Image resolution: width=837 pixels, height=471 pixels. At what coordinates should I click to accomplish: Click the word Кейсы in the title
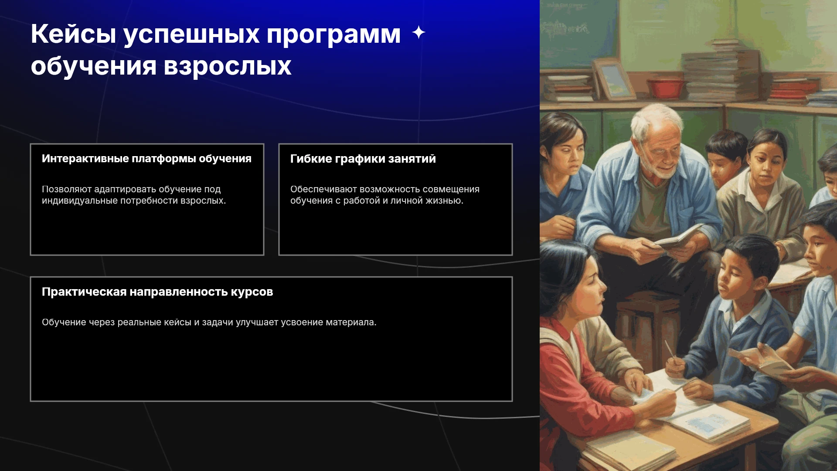pos(73,34)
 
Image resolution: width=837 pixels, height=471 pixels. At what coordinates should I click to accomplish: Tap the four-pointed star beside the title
pos(418,32)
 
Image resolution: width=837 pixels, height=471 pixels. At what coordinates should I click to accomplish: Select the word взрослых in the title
pos(227,67)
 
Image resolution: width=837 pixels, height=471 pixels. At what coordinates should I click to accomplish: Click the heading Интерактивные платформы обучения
pos(146,159)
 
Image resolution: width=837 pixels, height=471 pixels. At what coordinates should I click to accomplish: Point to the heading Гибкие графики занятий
pos(363,159)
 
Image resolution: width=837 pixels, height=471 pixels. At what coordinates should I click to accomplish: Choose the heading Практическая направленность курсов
pos(157,292)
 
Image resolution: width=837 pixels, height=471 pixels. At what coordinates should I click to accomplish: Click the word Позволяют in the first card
pos(67,189)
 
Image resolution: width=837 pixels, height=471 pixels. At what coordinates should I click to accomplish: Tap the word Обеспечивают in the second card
pos(323,189)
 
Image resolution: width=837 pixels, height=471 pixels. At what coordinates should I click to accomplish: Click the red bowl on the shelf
pos(665,89)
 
